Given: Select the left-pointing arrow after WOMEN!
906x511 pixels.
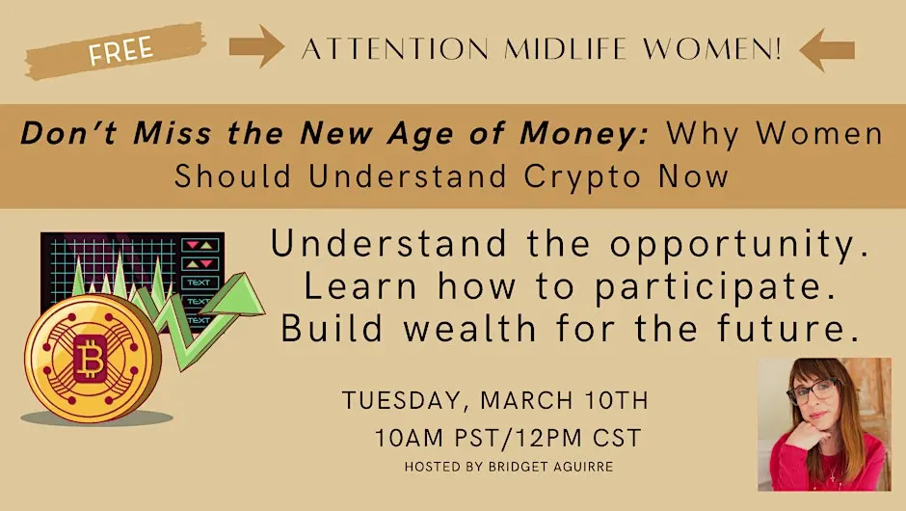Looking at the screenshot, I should (x=827, y=49).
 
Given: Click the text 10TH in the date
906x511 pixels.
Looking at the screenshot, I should (x=615, y=399).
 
